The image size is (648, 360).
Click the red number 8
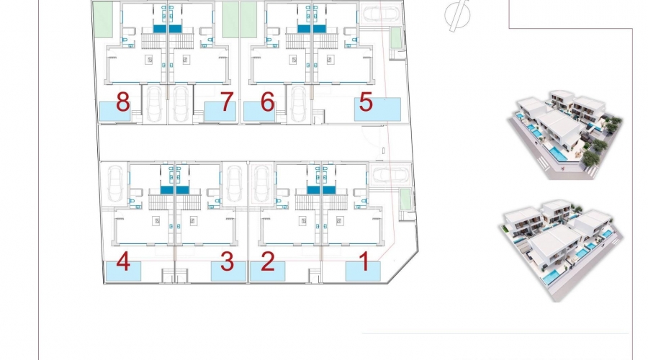(x=122, y=102)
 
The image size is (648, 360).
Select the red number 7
(x=227, y=102)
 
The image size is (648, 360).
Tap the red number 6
(x=267, y=102)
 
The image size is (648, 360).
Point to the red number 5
(x=366, y=102)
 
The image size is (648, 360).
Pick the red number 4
(x=123, y=261)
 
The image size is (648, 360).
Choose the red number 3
(x=228, y=261)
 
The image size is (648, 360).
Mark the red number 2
(x=268, y=261)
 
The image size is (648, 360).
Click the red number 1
(x=364, y=261)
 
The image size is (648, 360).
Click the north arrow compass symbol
(x=457, y=15)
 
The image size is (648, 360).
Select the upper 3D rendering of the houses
(x=564, y=135)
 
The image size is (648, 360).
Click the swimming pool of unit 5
(x=377, y=109)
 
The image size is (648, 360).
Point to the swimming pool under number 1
(x=363, y=271)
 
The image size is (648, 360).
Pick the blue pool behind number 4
(x=124, y=271)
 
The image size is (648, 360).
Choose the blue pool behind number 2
(x=267, y=271)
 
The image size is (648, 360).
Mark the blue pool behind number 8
(x=115, y=112)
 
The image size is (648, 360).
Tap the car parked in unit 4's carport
(x=114, y=184)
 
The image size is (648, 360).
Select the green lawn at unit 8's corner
(x=103, y=19)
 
